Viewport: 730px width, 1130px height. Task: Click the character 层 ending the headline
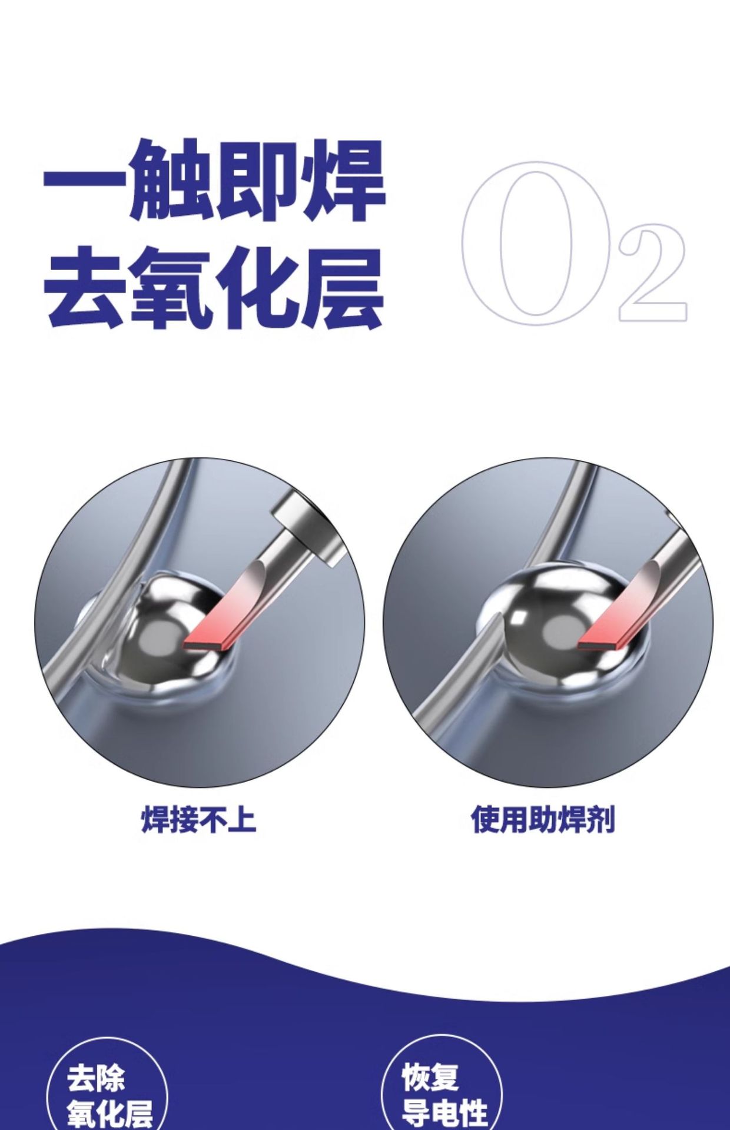pos(342,287)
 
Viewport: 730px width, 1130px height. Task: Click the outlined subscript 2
pos(652,272)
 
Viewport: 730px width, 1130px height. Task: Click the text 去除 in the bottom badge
pos(96,1079)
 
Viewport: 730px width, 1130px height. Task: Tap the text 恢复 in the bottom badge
pos(430,1078)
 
